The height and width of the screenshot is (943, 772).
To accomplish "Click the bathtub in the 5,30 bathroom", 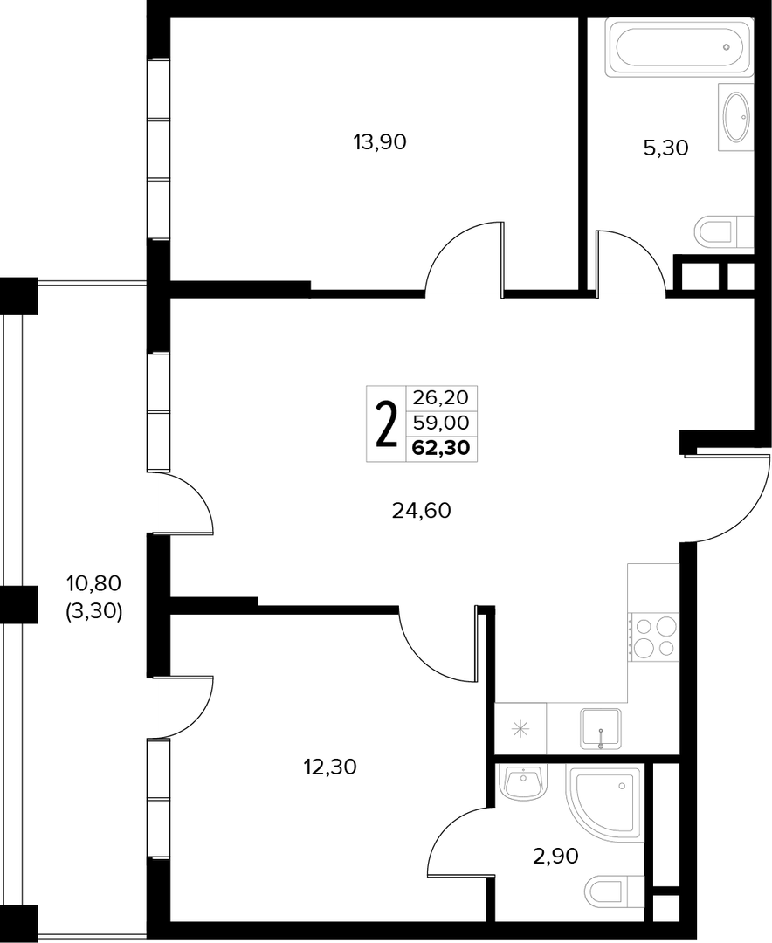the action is pyautogui.click(x=679, y=47).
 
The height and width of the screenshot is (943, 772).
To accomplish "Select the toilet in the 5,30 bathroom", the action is pyautogui.click(x=724, y=231).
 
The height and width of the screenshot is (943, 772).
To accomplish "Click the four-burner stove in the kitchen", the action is pyautogui.click(x=653, y=637).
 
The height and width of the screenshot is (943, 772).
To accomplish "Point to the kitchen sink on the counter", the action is pyautogui.click(x=601, y=729).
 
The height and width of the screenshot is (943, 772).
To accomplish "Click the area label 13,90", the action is pyautogui.click(x=380, y=142).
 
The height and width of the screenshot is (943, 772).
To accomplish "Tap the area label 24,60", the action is pyautogui.click(x=421, y=511).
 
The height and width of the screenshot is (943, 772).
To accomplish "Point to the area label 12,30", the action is pyautogui.click(x=330, y=767).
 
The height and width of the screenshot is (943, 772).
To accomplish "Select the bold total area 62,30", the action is pyautogui.click(x=441, y=448).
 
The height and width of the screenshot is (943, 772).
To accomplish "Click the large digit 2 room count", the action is pyautogui.click(x=386, y=425).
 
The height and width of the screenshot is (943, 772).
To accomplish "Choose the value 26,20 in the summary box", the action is pyautogui.click(x=441, y=397).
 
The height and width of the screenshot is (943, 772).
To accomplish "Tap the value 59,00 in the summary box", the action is pyautogui.click(x=441, y=423).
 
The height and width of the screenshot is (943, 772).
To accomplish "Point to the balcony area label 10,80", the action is pyautogui.click(x=93, y=582).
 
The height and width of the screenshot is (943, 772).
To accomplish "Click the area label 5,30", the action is pyautogui.click(x=666, y=148).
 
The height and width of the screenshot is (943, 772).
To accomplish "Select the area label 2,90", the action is pyautogui.click(x=555, y=855).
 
